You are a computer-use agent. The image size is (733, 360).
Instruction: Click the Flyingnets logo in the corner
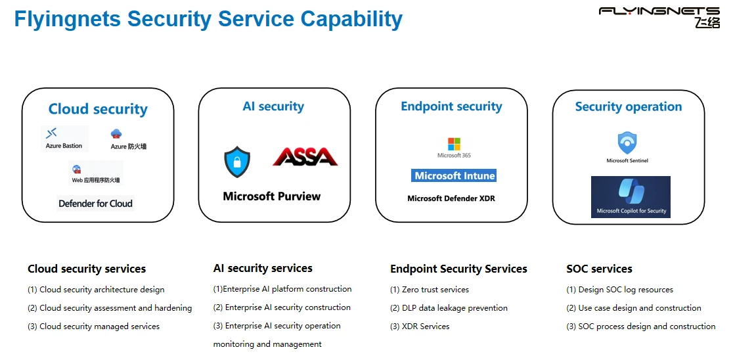pos(659,16)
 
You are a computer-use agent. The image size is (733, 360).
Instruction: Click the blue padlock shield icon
pos(237,162)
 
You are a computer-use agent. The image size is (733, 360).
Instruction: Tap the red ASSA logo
pos(305,156)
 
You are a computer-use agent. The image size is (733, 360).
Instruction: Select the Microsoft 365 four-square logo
pos(454,144)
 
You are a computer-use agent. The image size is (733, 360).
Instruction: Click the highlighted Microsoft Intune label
pos(454,176)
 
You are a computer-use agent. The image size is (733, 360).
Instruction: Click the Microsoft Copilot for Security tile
pos(631,196)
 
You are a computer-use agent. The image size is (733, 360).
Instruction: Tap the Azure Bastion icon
pos(52,133)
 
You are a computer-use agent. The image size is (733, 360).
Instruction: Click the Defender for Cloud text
pos(95,204)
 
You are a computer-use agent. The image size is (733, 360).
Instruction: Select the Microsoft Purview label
pos(272,196)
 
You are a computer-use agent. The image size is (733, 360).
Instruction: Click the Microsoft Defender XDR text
pos(451,198)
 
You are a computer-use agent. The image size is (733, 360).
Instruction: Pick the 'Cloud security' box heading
pos(98,109)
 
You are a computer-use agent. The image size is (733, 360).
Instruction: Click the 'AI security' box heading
pos(273,106)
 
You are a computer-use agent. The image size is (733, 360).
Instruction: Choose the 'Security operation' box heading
pos(629,106)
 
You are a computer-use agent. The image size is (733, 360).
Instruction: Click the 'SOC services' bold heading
pos(599,269)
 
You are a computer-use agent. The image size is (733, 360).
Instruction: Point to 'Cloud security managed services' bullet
pos(99,326)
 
